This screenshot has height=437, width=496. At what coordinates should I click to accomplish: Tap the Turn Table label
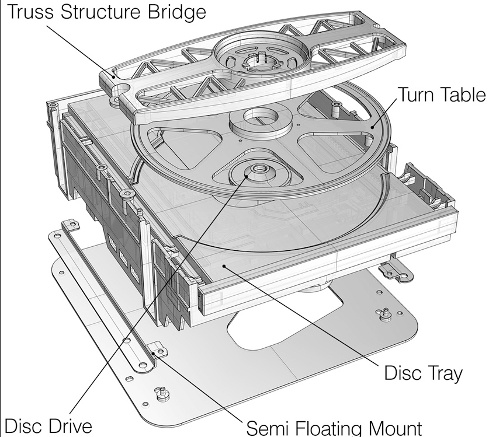pyautogui.click(x=441, y=95)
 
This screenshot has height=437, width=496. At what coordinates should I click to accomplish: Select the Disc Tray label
pyautogui.click(x=423, y=372)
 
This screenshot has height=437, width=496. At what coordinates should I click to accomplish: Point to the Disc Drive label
pyautogui.click(x=48, y=425)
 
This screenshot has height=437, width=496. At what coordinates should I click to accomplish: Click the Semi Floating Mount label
pyautogui.click(x=334, y=426)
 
